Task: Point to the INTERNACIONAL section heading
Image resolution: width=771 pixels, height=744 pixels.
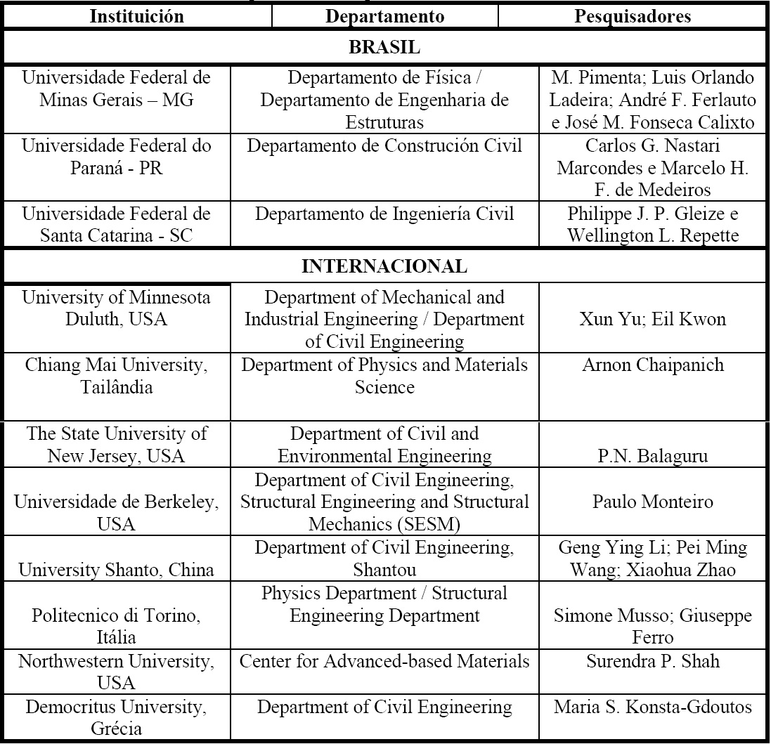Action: point(384,267)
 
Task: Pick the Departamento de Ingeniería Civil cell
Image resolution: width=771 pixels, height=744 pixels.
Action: point(384,214)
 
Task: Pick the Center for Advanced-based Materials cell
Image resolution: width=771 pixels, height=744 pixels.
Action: point(384,662)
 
